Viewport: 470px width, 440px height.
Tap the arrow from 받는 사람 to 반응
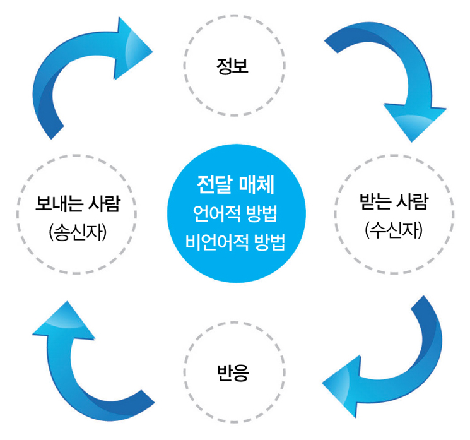[x=397, y=360]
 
